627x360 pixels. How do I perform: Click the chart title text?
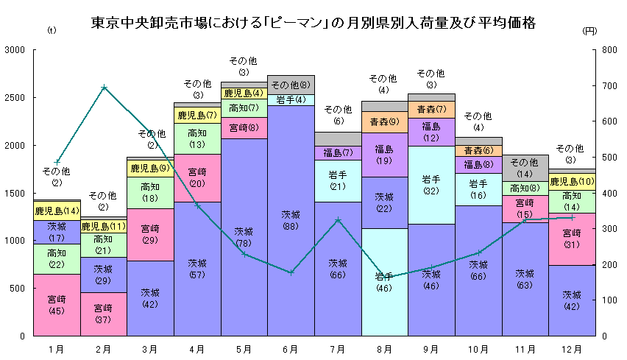click(313, 23)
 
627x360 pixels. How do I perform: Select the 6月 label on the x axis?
click(291, 348)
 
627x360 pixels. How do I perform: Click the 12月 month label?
click(572, 348)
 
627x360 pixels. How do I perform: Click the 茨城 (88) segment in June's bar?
click(291, 220)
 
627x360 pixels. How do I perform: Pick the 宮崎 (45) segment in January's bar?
click(57, 305)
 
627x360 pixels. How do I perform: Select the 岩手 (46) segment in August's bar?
click(385, 282)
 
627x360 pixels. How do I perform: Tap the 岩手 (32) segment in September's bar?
click(431, 185)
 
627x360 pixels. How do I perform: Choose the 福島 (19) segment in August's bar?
click(385, 155)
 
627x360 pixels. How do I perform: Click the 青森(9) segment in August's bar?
click(385, 122)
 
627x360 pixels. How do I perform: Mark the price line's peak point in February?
click(104, 87)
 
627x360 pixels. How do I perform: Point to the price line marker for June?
click(291, 272)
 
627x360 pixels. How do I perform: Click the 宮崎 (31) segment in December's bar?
click(572, 239)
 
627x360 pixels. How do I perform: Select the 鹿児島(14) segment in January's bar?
click(57, 211)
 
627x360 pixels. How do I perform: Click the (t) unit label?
click(50, 31)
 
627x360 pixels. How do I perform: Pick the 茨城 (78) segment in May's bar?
click(244, 237)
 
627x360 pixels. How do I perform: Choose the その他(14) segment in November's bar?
click(525, 168)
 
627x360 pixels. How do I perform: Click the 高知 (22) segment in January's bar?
click(57, 258)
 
